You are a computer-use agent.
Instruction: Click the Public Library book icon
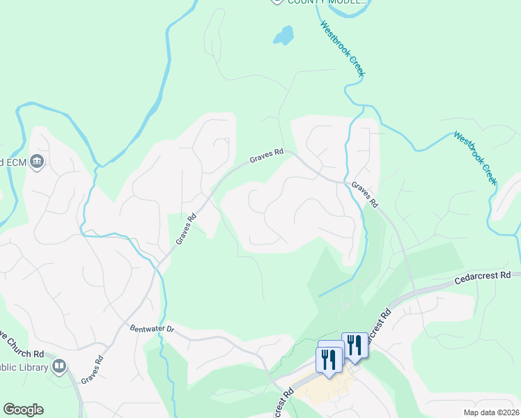[60, 366]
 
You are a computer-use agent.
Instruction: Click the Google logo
[23, 409]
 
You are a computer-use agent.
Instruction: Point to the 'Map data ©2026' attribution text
[491, 412]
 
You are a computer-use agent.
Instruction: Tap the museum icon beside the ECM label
[38, 162]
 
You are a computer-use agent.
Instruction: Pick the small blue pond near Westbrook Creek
[283, 35]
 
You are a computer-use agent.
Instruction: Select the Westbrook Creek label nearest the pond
[343, 48]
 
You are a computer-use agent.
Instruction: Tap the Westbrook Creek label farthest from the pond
[475, 157]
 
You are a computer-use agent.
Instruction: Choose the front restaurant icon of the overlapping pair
[328, 360]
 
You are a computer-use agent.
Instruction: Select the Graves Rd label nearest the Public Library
[92, 370]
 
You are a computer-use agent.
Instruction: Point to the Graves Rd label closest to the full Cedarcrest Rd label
[364, 195]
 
